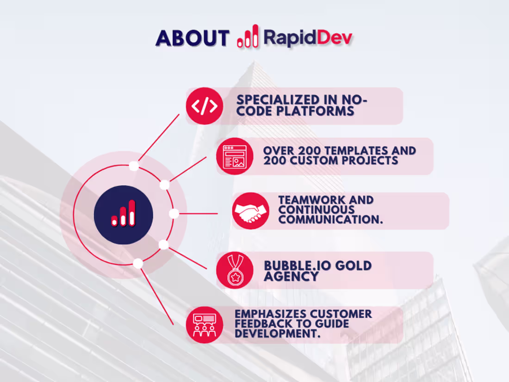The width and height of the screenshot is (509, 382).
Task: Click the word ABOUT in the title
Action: (192, 38)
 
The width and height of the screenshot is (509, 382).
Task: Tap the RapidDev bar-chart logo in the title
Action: (248, 36)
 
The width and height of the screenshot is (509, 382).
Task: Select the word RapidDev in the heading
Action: (308, 37)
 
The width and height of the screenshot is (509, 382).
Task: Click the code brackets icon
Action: (205, 106)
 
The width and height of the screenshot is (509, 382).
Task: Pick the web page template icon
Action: (235, 156)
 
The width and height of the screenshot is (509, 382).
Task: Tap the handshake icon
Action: (250, 211)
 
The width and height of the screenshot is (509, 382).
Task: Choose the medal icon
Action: (235, 270)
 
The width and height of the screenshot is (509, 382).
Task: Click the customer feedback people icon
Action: (205, 325)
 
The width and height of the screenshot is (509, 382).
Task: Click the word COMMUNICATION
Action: (330, 220)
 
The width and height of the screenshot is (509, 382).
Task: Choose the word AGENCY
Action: (291, 277)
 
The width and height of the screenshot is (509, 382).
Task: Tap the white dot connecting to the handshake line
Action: (174, 214)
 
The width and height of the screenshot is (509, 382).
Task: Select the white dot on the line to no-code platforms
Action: (134, 166)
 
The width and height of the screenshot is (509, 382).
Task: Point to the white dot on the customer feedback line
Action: (138, 264)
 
